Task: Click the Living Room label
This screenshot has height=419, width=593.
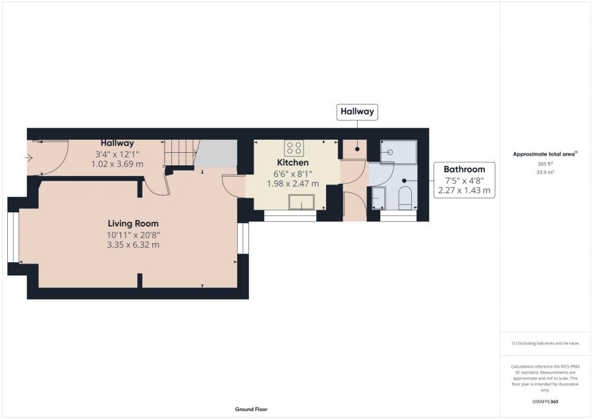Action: [133, 223]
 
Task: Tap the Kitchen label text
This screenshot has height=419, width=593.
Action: [293, 163]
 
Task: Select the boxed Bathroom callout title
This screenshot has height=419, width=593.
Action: [464, 169]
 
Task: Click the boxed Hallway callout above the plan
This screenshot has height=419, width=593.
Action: [357, 111]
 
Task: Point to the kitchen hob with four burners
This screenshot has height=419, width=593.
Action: [294, 148]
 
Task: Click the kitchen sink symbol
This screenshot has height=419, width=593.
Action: [301, 202]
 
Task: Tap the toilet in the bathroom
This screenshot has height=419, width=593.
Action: [405, 198]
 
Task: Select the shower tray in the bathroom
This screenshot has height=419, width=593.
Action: [398, 152]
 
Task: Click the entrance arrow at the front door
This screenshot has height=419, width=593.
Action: [29, 157]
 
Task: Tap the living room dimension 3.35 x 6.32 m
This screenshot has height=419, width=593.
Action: [133, 244]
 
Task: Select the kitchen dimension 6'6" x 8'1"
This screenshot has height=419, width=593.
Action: [293, 174]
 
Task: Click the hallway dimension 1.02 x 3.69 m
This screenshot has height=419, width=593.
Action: [117, 164]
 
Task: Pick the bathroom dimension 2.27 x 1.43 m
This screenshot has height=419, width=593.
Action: [464, 190]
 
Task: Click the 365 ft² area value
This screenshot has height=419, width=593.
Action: [545, 164]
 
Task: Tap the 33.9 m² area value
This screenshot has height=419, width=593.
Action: [545, 172]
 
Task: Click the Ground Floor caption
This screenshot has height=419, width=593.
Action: [251, 409]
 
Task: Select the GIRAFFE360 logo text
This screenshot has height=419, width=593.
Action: [545, 402]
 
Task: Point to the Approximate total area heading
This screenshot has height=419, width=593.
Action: [545, 154]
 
